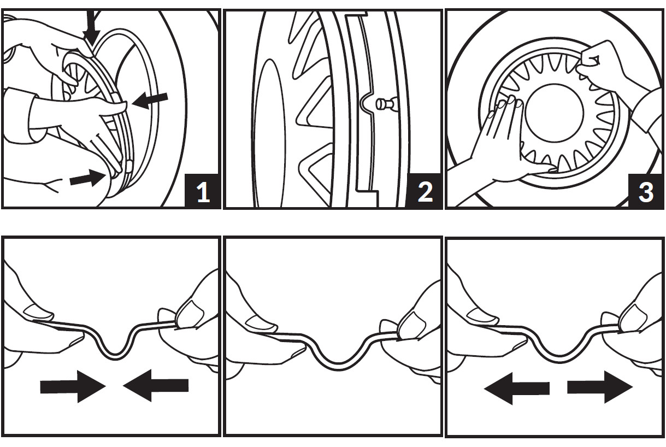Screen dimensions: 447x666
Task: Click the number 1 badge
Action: pyautogui.click(x=203, y=192)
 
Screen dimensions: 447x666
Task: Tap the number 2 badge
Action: pyautogui.click(x=425, y=192)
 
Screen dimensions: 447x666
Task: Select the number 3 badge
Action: pyautogui.click(x=646, y=192)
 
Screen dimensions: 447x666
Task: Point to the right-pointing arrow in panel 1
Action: pyautogui.click(x=87, y=178)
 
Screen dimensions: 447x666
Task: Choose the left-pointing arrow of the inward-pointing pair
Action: pyautogui.click(x=156, y=386)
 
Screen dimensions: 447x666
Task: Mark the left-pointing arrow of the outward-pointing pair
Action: pyautogui.click(x=516, y=389)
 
